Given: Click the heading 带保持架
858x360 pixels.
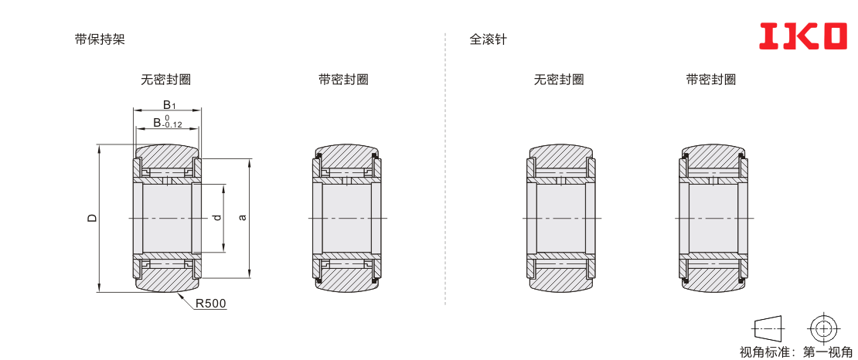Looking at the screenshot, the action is point(100,39).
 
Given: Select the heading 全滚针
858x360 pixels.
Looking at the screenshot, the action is point(488,39).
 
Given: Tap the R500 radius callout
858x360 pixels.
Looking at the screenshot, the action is point(211,304).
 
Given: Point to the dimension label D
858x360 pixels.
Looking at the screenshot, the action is point(93,218).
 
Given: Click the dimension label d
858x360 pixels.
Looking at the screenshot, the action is point(217,218).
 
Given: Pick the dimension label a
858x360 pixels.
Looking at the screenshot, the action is point(243,218).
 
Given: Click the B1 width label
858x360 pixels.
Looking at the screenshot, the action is point(169,105).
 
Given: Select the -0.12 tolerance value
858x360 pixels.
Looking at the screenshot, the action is point(172,124).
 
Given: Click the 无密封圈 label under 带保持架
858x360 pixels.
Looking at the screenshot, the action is point(165,80).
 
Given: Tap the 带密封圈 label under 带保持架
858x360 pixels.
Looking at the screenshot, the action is point(343,80).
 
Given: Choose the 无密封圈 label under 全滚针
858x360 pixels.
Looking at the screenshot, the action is point(559,80).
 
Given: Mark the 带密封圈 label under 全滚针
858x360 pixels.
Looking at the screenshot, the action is point(711,80).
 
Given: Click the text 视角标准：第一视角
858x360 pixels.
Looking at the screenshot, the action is point(795,352).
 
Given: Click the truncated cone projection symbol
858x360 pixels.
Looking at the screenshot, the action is point(770,329).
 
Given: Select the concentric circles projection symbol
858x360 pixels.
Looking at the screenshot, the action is point(822,329).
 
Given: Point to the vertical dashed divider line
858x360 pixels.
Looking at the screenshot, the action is point(445,168).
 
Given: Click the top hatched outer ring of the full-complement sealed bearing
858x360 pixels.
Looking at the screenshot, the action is point(713,156).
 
